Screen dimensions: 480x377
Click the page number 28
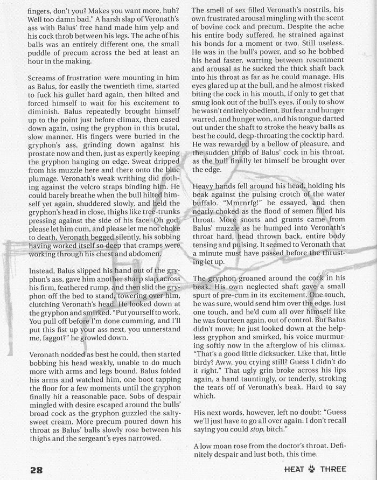(36, 469)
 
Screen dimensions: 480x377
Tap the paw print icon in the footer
(312, 469)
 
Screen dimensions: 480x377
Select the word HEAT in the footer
(295, 469)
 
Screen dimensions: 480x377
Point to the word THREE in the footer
(333, 469)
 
